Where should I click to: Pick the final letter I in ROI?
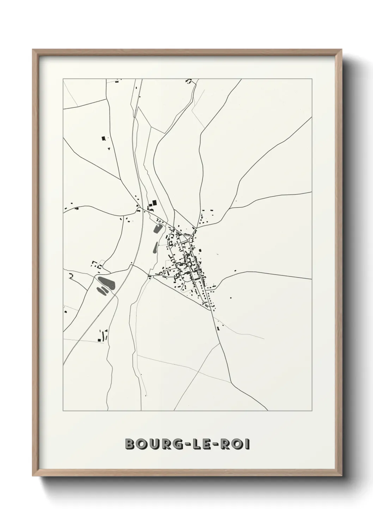(248, 444)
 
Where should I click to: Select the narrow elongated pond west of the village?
(155, 248)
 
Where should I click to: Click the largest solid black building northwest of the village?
(153, 203)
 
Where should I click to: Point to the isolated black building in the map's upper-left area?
(103, 138)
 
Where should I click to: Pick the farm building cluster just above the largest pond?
(96, 265)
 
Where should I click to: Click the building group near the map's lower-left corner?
(102, 335)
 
